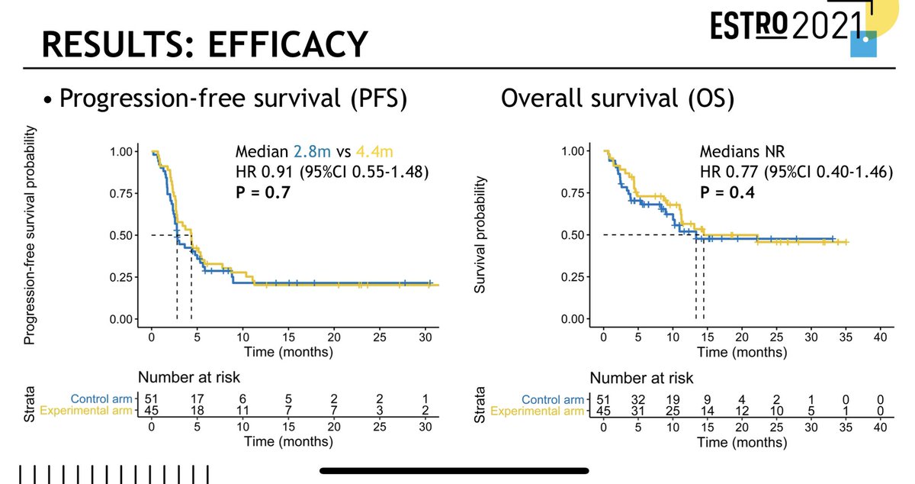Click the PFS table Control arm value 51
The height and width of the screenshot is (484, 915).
click(x=152, y=398)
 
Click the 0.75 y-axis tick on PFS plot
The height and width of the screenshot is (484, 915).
click(x=125, y=193)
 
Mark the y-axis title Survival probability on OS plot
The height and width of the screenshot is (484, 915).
click(x=480, y=237)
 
